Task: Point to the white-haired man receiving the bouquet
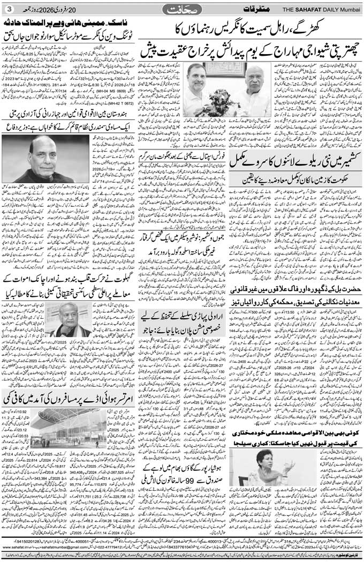(x=251, y=86)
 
